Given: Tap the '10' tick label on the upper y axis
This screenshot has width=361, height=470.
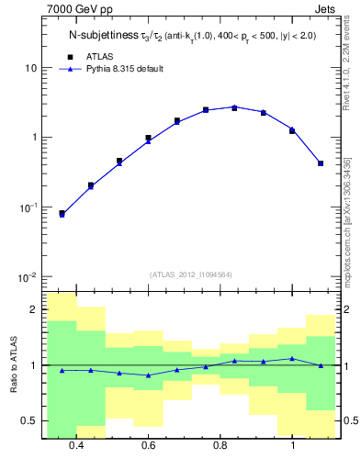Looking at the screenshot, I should (31, 68).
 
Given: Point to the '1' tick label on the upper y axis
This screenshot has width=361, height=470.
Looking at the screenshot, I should (34, 138).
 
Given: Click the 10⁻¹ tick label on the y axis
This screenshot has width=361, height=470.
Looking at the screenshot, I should (28, 207).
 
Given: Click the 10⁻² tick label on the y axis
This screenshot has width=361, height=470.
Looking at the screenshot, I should (28, 277).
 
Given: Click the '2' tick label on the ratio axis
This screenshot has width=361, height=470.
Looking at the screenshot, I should (34, 310).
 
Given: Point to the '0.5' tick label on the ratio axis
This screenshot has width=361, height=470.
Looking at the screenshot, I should (29, 420).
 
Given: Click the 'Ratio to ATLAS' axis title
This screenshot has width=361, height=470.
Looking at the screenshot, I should (13, 365).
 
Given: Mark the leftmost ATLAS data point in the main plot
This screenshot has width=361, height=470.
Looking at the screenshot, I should (62, 213).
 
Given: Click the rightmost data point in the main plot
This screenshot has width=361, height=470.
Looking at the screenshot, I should (321, 163).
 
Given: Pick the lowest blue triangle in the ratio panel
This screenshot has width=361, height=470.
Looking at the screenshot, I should (148, 375).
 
